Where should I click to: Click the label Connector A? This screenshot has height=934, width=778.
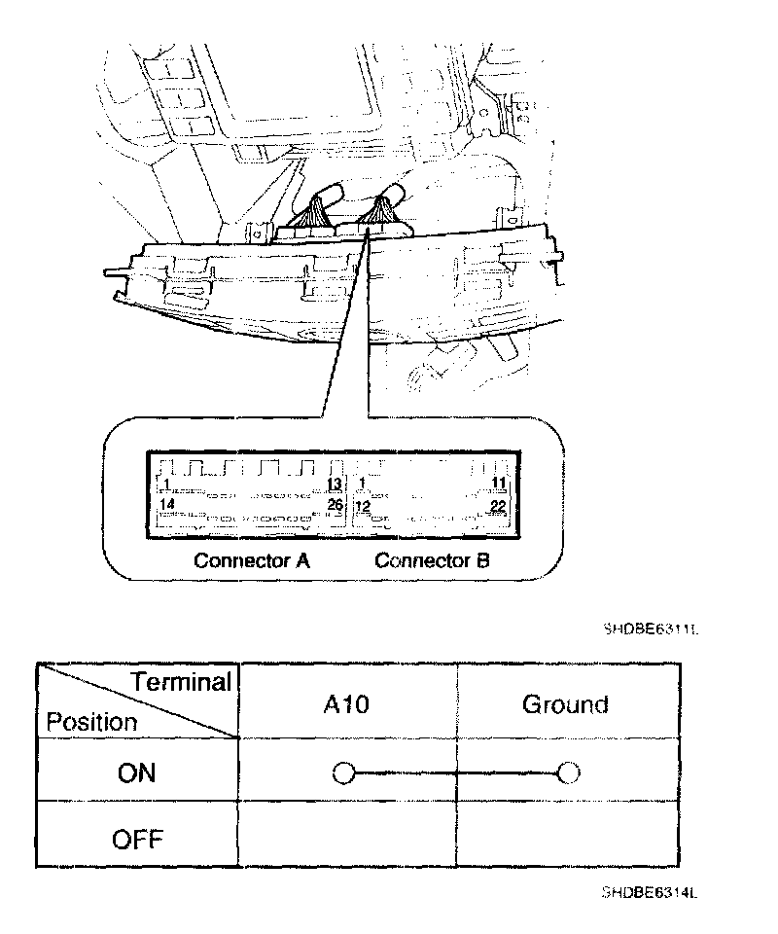tap(251, 560)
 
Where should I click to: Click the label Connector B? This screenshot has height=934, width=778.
tap(432, 560)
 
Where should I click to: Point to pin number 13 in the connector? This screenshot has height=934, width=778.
tap(334, 485)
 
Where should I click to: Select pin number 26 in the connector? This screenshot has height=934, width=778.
tap(335, 505)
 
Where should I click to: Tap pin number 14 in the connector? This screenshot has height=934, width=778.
tap(167, 505)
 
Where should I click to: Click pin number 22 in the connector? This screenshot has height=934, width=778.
tap(498, 506)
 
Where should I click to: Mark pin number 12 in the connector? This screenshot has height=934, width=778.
tap(363, 506)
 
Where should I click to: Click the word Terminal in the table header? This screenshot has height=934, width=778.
tap(181, 682)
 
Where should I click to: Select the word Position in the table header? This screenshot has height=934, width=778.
tap(91, 723)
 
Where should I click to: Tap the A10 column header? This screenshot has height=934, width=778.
tap(346, 703)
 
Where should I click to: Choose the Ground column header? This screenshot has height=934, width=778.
tap(565, 703)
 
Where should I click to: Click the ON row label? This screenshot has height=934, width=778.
tap(137, 772)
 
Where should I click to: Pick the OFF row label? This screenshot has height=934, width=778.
tap(137, 838)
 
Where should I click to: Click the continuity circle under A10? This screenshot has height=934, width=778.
tap(342, 773)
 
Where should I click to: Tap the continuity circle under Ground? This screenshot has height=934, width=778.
tap(569, 773)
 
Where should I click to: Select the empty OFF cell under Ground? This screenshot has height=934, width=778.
tap(567, 835)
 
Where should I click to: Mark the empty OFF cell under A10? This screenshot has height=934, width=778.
tap(347, 835)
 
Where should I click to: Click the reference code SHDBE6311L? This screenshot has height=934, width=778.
tap(651, 629)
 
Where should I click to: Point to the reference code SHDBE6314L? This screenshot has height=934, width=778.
tap(651, 892)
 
